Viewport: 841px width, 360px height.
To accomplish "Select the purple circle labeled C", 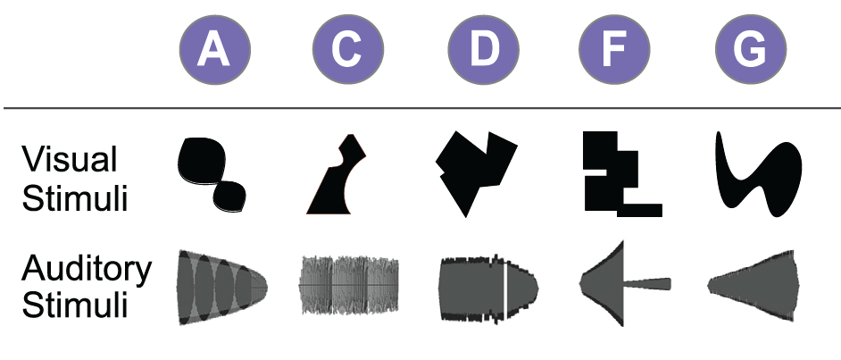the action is click(348, 49).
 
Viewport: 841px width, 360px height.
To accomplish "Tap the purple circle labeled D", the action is click(482, 49).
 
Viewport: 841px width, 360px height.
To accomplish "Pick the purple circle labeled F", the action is click(615, 49).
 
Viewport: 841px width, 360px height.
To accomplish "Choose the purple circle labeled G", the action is click(751, 49).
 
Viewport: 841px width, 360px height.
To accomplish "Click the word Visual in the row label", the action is click(70, 161).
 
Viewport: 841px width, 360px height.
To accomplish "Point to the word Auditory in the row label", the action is click(87, 268).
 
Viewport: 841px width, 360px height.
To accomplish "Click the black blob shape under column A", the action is click(205, 170).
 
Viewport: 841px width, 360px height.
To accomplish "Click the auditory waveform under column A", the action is click(220, 285).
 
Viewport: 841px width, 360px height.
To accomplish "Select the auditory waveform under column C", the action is click(348, 286).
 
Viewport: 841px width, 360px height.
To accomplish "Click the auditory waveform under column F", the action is click(607, 284).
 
